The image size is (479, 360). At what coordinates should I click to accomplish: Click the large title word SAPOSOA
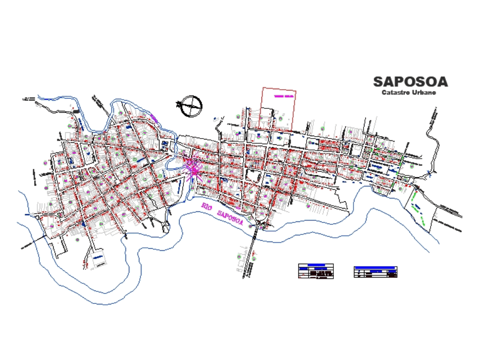(411, 81)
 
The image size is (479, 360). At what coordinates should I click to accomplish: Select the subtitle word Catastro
(395, 92)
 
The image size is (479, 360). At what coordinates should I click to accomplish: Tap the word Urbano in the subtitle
(424, 92)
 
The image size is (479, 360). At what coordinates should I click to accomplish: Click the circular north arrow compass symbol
(192, 105)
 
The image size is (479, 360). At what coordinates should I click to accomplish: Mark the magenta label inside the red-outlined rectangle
(283, 96)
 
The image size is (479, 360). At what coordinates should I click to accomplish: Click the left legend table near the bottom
(316, 271)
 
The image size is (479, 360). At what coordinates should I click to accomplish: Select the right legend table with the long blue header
(376, 272)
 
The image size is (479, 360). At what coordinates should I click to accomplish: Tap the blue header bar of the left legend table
(316, 266)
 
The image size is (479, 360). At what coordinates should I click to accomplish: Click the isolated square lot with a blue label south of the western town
(98, 258)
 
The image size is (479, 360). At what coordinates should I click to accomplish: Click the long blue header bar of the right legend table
(376, 267)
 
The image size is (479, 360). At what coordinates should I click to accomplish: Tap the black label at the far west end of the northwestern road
(28, 99)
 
